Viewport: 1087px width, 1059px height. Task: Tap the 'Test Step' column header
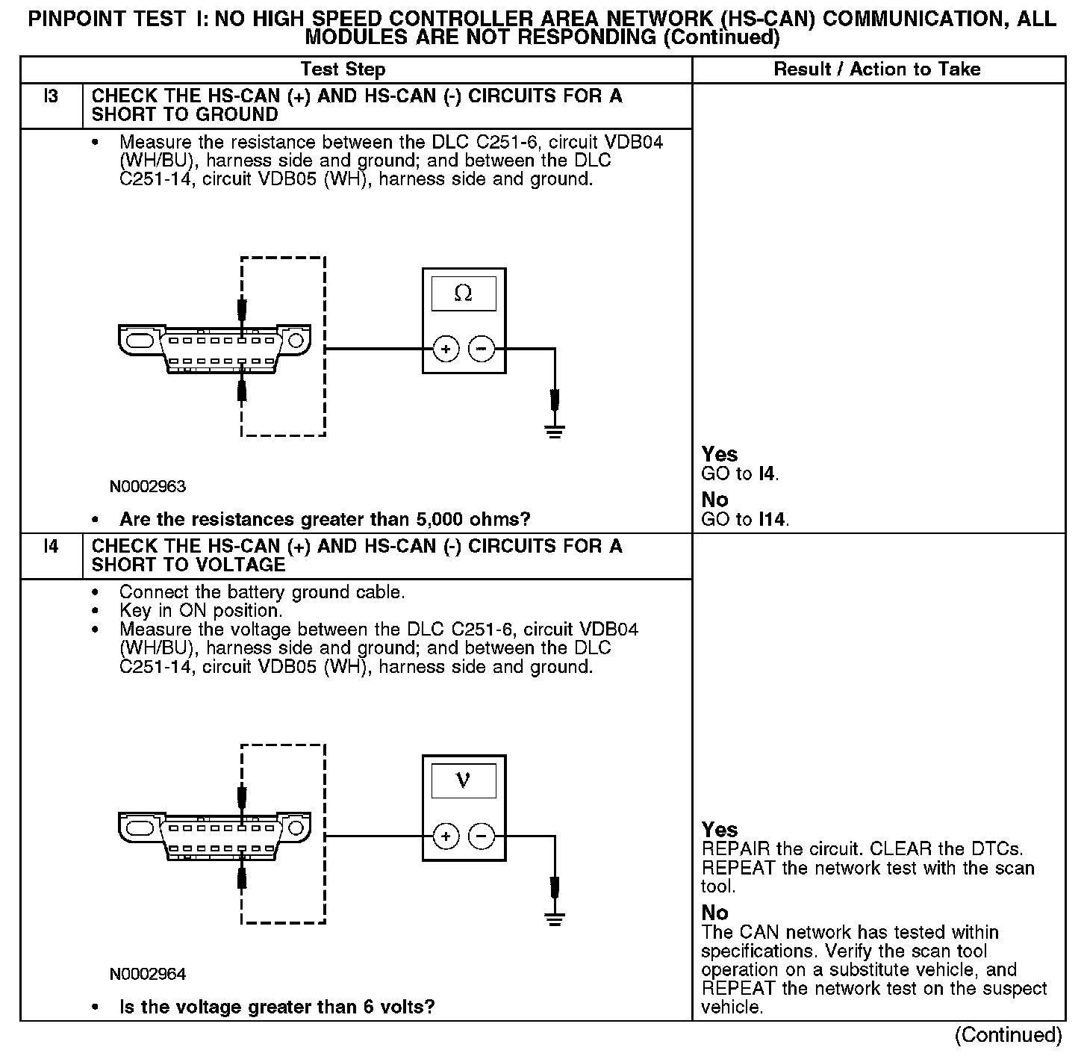tap(343, 69)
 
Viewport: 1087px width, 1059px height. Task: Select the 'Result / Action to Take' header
tap(876, 69)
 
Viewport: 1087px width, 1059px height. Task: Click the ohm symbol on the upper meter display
tap(463, 294)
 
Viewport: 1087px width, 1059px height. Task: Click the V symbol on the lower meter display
tap(463, 781)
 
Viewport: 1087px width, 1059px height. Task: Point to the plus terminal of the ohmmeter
tap(446, 349)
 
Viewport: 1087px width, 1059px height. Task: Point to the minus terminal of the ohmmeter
tap(482, 349)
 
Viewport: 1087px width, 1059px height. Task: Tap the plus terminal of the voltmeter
tap(446, 836)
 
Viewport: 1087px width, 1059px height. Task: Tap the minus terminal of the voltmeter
tap(482, 836)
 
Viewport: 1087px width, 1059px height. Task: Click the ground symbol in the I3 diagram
tap(554, 430)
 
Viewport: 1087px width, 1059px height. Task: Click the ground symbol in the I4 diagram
tap(554, 919)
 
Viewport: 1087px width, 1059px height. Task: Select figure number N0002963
tap(147, 487)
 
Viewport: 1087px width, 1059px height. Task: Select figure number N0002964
tap(147, 974)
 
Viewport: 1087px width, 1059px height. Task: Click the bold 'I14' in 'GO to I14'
tap(772, 519)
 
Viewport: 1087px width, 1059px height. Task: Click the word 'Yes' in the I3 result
tap(720, 454)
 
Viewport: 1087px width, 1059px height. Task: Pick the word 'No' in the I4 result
tap(715, 913)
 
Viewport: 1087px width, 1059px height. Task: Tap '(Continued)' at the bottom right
tap(1008, 1035)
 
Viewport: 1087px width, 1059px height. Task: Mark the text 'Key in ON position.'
tap(201, 611)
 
